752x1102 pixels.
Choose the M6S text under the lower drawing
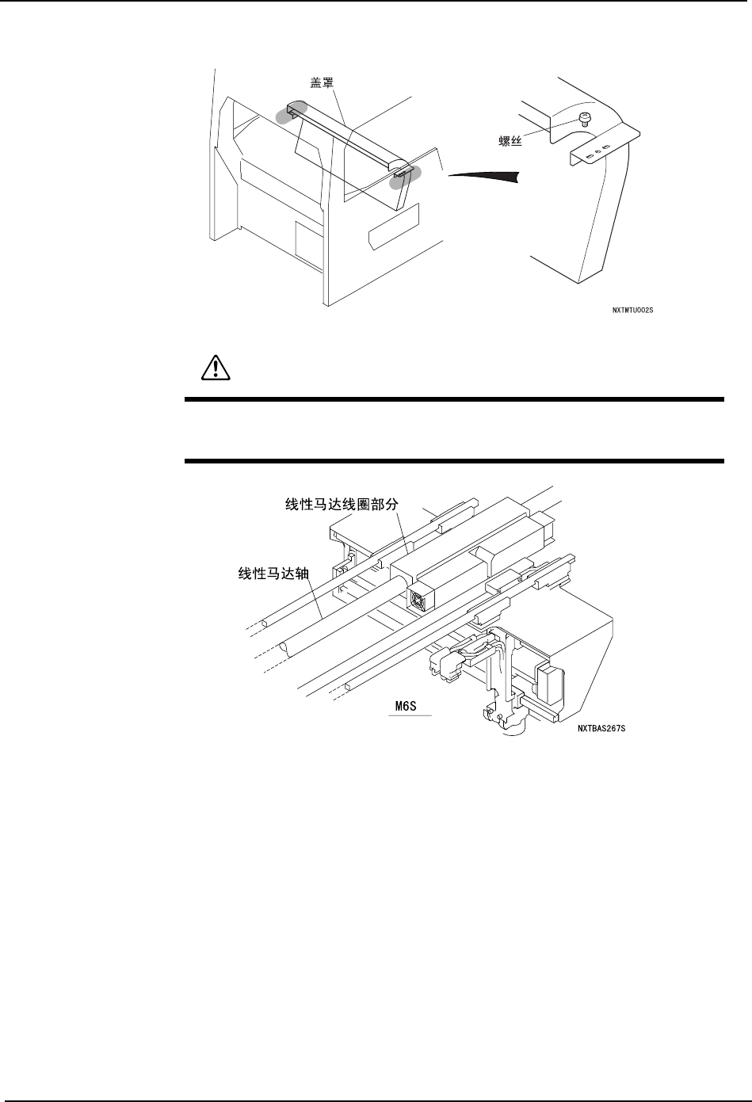pyautogui.click(x=410, y=704)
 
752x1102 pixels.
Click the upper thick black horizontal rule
pyautogui.click(x=454, y=399)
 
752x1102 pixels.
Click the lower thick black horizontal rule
pyautogui.click(x=454, y=461)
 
